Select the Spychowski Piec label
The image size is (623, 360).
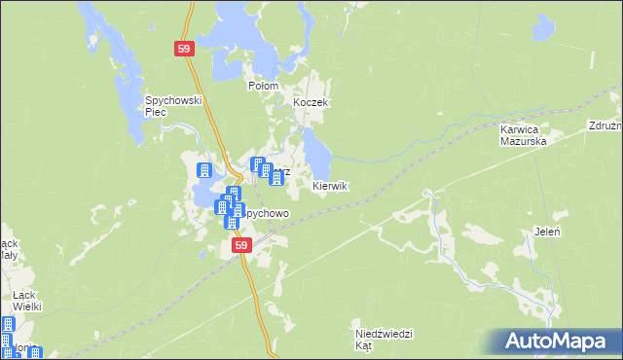pyautogui.click(x=172, y=105)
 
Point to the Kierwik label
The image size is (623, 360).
pyautogui.click(x=330, y=186)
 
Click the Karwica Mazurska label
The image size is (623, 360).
pyautogui.click(x=523, y=134)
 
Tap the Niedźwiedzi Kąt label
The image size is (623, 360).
pyautogui.click(x=383, y=340)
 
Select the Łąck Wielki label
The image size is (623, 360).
pyautogui.click(x=26, y=301)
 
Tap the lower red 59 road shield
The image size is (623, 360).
pyautogui.click(x=240, y=247)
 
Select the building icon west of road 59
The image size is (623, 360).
pyautogui.click(x=205, y=170)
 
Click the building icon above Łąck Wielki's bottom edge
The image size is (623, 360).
pyautogui.click(x=8, y=326)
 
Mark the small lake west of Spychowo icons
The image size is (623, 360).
pyautogui.click(x=207, y=199)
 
